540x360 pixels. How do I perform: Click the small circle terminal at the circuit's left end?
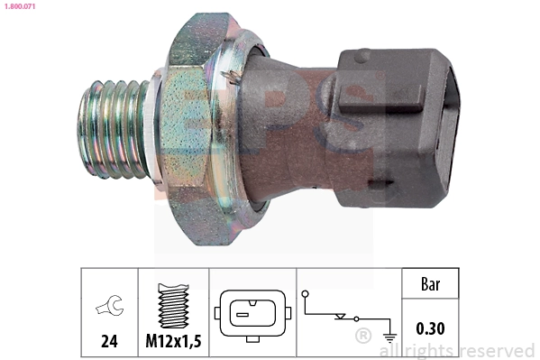(307, 293)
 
